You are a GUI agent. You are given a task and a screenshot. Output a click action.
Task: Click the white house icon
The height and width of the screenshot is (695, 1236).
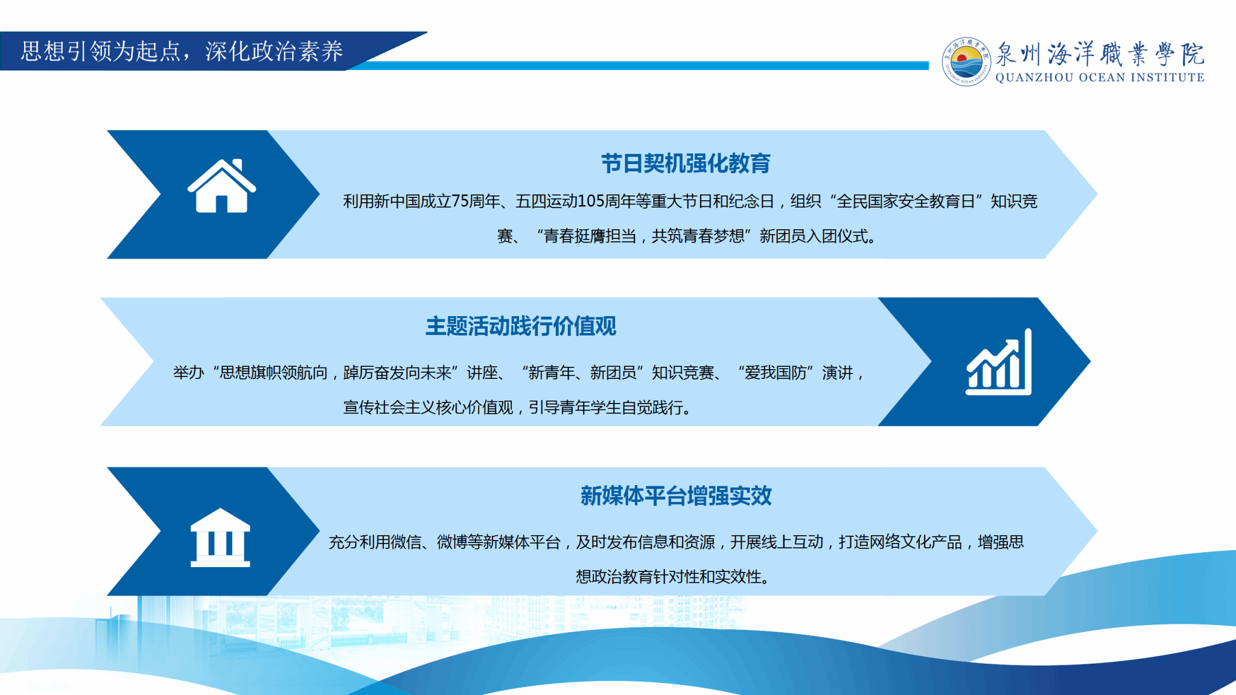221,186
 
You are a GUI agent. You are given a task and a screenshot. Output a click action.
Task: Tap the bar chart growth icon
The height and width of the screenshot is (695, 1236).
999,362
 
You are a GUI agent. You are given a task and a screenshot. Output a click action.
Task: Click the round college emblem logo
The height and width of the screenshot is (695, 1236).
966,62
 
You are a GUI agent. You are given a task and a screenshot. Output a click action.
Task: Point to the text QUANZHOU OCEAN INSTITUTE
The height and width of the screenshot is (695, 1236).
1100,77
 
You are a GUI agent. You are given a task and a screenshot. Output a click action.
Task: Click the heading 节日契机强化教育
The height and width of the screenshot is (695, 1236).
686,163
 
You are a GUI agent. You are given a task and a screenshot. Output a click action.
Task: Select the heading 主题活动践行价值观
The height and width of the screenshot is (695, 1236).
521,326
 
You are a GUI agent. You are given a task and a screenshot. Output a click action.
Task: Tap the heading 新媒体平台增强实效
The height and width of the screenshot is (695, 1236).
676,496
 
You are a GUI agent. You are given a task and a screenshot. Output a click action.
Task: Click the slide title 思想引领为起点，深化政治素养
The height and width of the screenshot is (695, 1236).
182,51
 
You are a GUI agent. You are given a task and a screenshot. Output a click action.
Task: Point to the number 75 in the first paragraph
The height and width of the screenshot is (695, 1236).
460,201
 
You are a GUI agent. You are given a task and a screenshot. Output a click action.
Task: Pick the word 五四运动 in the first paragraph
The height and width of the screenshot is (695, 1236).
546,201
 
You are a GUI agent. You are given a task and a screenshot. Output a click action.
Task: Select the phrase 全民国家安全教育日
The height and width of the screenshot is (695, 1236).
906,201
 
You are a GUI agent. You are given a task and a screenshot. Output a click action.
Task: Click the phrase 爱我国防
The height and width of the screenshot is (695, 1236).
776,373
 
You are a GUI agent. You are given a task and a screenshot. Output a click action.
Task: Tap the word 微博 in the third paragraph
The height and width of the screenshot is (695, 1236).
452,542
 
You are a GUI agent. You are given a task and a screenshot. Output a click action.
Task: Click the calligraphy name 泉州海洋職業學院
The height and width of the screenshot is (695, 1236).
1100,54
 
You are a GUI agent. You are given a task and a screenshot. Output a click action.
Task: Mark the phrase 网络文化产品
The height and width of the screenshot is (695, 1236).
916,542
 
